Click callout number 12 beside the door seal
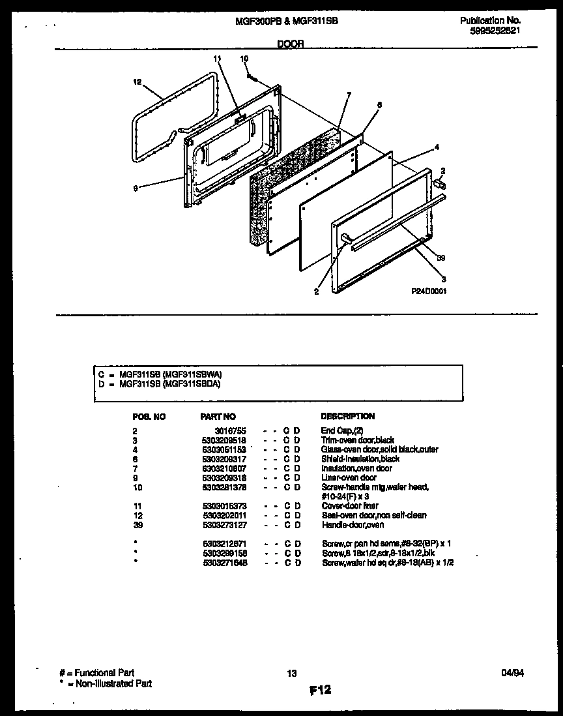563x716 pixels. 137,83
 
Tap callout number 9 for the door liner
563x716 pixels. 135,189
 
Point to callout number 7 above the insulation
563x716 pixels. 349,95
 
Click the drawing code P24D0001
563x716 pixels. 429,292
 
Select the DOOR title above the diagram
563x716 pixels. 290,44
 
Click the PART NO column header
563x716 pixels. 218,416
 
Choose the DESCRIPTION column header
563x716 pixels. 347,416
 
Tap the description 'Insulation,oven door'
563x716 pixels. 356,468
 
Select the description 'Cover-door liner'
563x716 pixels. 350,506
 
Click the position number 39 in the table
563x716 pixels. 136,525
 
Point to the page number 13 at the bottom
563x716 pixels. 292,674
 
